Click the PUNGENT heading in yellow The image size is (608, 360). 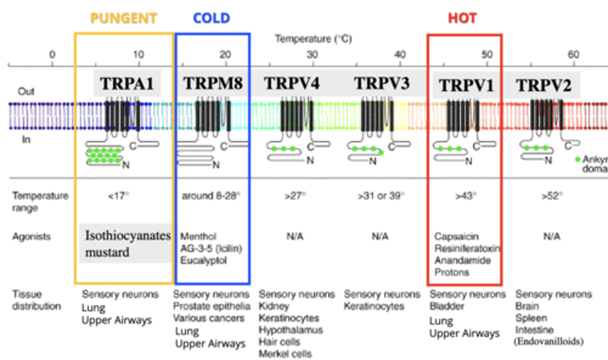point(123,18)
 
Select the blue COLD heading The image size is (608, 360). point(212,18)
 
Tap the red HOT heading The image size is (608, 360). point(462,18)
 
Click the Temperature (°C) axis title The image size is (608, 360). point(313,39)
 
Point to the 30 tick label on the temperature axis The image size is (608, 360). point(312,55)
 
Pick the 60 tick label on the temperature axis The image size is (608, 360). point(573,55)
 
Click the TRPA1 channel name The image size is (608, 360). point(127,84)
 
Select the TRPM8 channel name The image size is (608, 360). point(213,84)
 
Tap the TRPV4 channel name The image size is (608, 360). point(292,84)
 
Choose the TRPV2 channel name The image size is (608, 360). point(543,86)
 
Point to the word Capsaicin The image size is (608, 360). point(456,236)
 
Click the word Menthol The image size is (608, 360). point(198,236)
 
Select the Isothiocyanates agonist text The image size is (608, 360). point(128,235)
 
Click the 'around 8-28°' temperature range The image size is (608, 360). point(211,196)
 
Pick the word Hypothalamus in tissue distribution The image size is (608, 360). point(290,330)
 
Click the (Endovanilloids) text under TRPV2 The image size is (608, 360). point(548,341)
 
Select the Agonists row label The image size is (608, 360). point(31,237)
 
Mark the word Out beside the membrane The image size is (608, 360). point(26,91)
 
